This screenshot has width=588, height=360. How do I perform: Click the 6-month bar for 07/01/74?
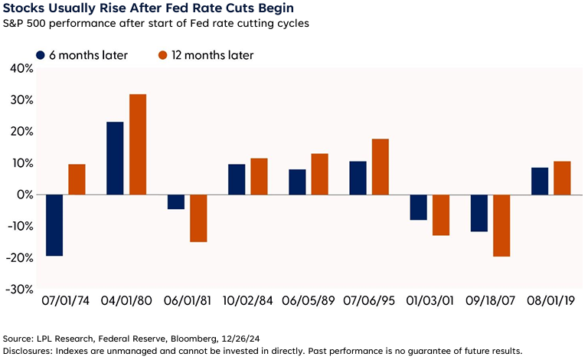coord(54,225)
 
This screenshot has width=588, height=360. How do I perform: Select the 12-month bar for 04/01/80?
coord(137,145)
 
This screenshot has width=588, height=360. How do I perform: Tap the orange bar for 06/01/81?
coord(198,218)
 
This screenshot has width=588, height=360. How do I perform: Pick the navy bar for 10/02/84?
coord(237,180)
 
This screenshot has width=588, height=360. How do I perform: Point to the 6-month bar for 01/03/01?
coord(417,208)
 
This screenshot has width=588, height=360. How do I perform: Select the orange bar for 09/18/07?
coord(501,226)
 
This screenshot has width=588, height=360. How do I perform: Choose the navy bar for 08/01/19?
coord(539,182)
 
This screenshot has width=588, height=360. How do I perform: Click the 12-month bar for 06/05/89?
coord(319,175)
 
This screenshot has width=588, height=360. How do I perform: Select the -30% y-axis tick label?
coord(16,290)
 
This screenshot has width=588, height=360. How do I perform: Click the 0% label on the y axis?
coord(22,195)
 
